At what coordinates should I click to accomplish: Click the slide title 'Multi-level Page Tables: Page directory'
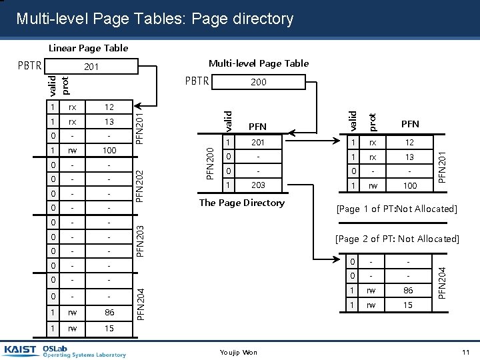pyautogui.click(x=154, y=19)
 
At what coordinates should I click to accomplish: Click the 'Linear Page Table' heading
pyautogui.click(x=88, y=48)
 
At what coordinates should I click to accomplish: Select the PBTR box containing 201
pyautogui.click(x=91, y=67)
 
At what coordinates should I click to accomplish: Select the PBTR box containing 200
pyautogui.click(x=258, y=82)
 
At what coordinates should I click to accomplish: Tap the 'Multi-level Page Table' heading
pyautogui.click(x=259, y=63)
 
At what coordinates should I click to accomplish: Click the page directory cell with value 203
pyautogui.click(x=258, y=185)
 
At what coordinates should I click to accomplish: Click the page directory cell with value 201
pyautogui.click(x=258, y=143)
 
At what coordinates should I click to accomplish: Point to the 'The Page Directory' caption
pyautogui.click(x=242, y=203)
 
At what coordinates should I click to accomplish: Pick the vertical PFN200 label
pyautogui.click(x=210, y=163)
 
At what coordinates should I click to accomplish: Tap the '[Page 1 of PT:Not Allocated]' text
pyautogui.click(x=397, y=209)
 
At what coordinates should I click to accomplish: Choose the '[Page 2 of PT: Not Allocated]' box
pyautogui.click(x=397, y=239)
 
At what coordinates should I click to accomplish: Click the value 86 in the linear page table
pyautogui.click(x=109, y=311)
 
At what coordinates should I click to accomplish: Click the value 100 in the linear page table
pyautogui.click(x=109, y=150)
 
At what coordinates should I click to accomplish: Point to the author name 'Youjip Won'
pyautogui.click(x=238, y=352)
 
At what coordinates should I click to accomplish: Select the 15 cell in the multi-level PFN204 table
pyautogui.click(x=408, y=305)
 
